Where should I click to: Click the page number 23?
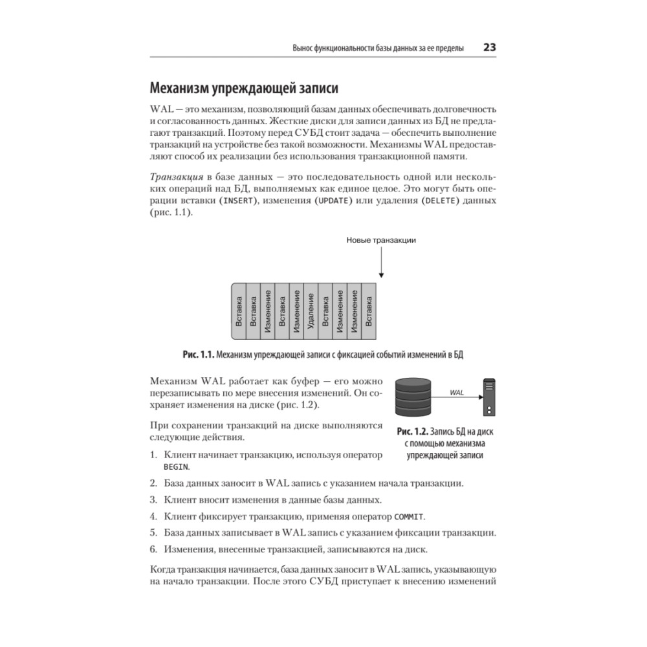coord(489,48)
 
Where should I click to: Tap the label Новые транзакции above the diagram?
coord(381,240)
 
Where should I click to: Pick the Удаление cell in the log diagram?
coord(311,311)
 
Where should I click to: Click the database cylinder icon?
coord(412,396)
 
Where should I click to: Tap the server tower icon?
coord(491,397)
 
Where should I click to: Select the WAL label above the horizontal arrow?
coord(456,392)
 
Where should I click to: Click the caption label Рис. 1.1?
coord(198,355)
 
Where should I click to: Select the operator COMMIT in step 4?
coord(410,517)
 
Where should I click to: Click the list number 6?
coord(153,550)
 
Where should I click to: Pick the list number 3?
coord(153,500)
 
